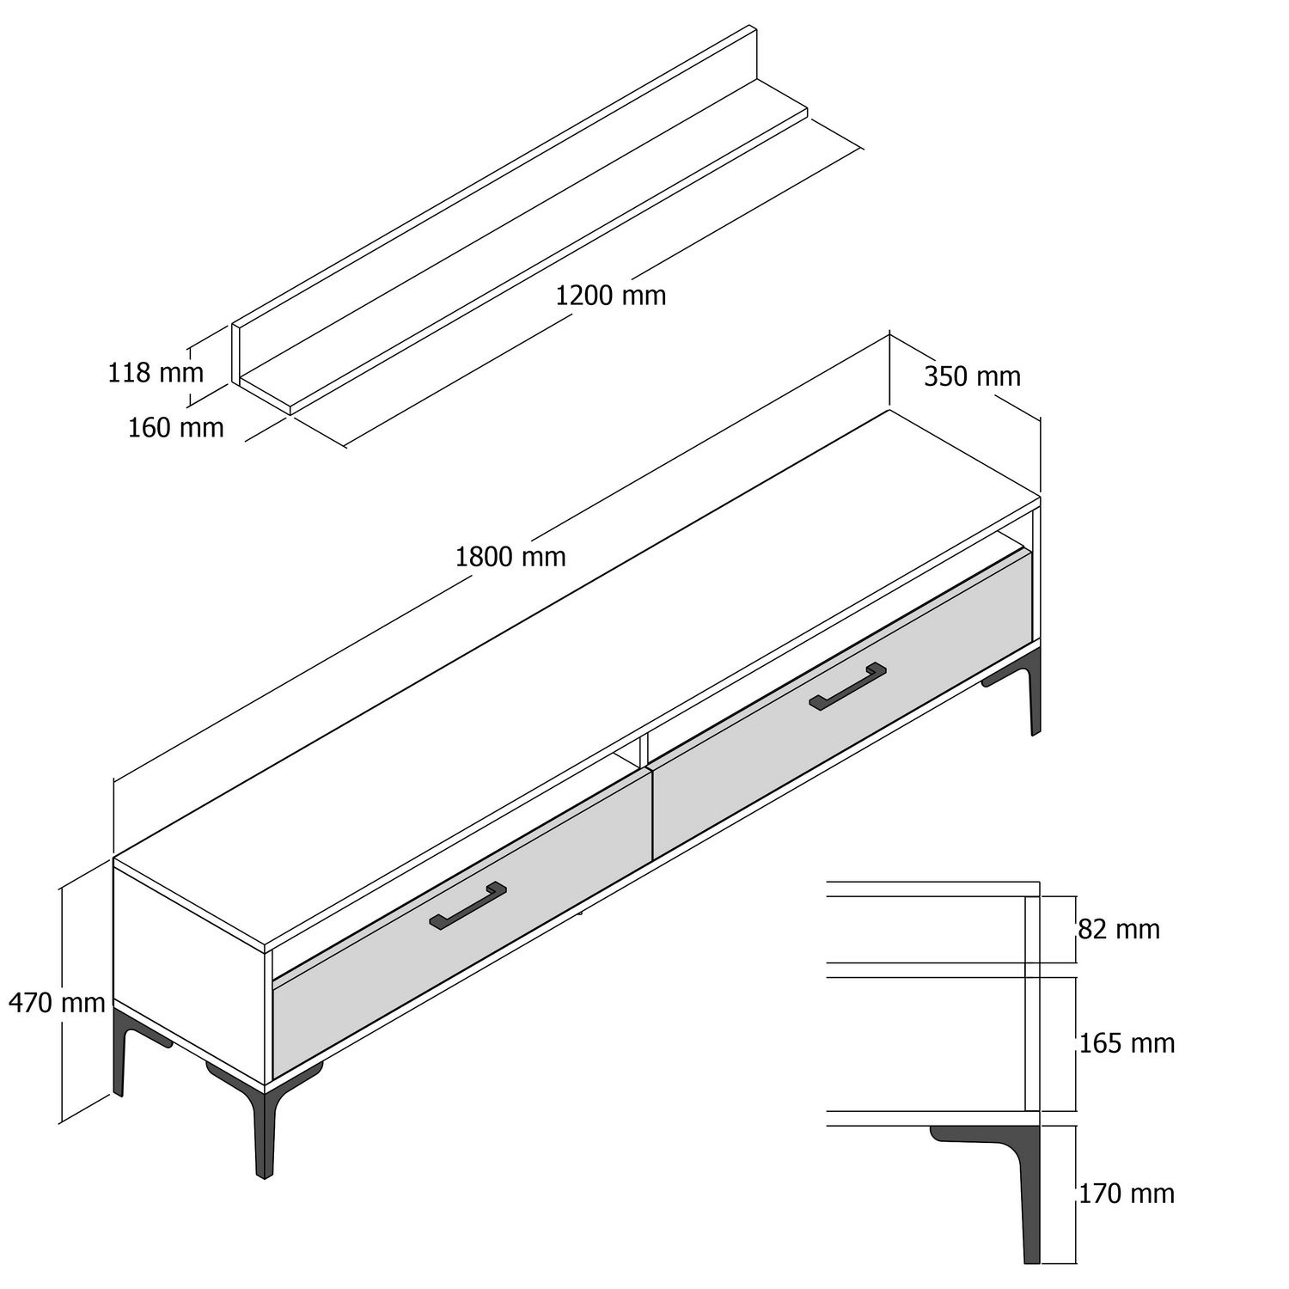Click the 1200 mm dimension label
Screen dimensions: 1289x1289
(610, 296)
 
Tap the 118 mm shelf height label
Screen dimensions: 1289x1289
(156, 373)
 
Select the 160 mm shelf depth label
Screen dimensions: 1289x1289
(175, 427)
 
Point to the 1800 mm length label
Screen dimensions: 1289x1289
(510, 557)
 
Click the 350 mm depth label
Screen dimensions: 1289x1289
(972, 376)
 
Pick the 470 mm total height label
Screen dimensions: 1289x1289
(57, 1002)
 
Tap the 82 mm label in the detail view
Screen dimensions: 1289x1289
(1119, 929)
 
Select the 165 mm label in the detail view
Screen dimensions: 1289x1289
(1127, 1043)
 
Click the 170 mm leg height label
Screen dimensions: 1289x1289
(1127, 1193)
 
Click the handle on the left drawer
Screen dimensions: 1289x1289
(467, 907)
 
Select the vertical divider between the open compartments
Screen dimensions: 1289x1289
(640, 751)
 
